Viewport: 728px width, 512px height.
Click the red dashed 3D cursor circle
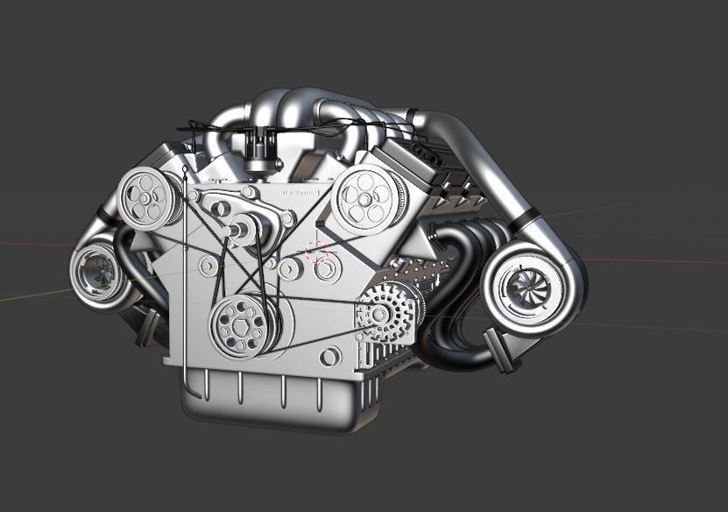[317, 253]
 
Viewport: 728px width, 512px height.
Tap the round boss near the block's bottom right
[329, 357]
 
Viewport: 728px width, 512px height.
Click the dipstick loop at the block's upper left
[184, 173]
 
